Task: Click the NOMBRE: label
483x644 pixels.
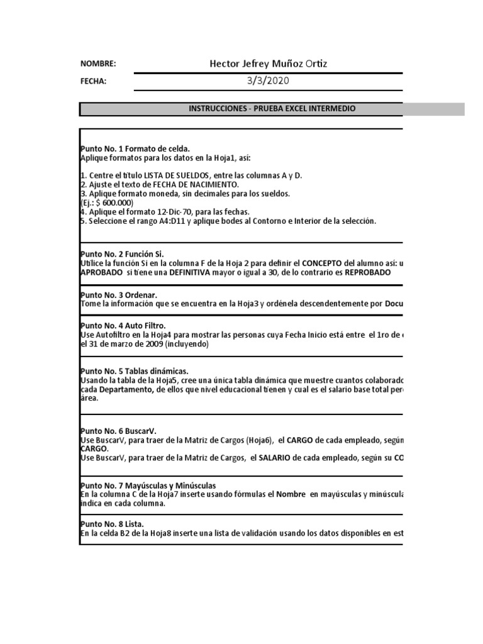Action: tap(98, 64)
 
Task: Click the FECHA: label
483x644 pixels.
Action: tap(93, 81)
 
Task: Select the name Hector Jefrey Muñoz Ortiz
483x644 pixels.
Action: tap(268, 64)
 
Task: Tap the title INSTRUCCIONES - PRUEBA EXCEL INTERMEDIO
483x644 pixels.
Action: tap(272, 109)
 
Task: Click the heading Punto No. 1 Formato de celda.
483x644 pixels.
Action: tap(135, 148)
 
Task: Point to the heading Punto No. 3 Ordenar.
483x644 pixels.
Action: tap(119, 295)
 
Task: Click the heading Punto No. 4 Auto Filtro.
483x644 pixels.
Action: tap(123, 325)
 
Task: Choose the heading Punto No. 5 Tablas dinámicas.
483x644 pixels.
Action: tap(135, 371)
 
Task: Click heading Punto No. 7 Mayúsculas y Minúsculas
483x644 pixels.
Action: tap(148, 486)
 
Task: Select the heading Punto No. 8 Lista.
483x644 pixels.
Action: tap(112, 524)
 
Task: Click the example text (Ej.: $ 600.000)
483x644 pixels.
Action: tap(107, 203)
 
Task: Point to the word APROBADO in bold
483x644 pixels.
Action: tap(103, 272)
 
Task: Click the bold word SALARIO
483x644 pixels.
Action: tap(274, 457)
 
